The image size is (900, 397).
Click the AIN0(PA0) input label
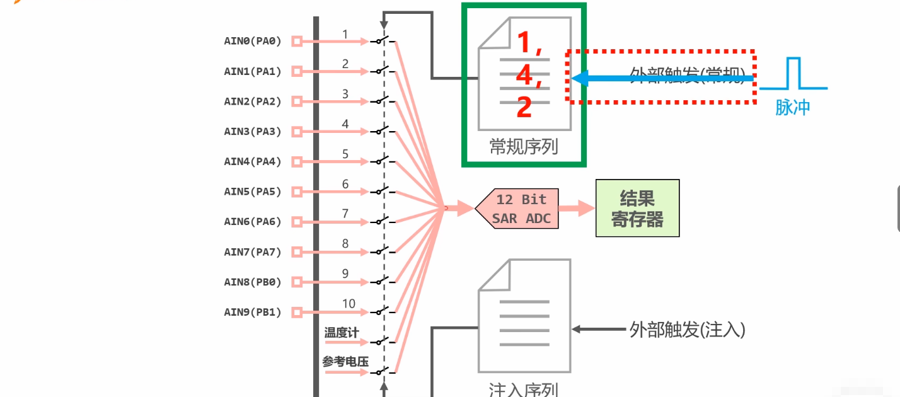(x=253, y=42)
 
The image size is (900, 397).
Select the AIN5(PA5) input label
(x=253, y=192)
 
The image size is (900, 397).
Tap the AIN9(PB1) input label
(x=253, y=312)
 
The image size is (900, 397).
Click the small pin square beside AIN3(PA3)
(x=296, y=132)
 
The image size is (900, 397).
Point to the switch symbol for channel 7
(x=380, y=221)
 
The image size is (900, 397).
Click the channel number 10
(x=349, y=304)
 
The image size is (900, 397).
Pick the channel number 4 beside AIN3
(x=345, y=124)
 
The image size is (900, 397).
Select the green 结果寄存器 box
(x=637, y=209)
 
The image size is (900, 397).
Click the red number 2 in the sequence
(x=524, y=108)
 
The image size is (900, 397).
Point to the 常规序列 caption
(x=524, y=147)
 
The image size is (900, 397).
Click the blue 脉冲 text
(x=792, y=108)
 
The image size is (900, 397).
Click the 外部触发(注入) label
(x=687, y=330)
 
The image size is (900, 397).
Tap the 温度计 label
(x=342, y=332)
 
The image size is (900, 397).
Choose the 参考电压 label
(x=345, y=362)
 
